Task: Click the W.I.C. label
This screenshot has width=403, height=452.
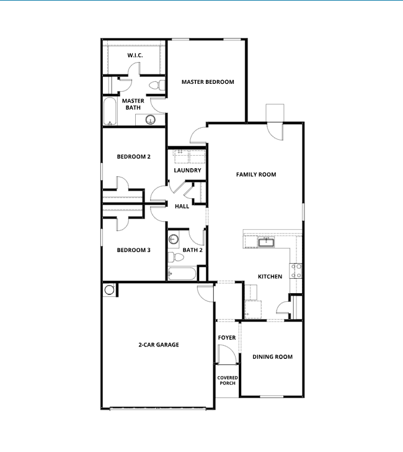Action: (x=135, y=56)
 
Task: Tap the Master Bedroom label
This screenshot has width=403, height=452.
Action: (x=208, y=82)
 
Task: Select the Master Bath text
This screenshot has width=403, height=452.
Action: (x=133, y=104)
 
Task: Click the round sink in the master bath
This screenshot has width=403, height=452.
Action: (x=150, y=120)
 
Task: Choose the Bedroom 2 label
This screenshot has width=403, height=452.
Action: (x=134, y=157)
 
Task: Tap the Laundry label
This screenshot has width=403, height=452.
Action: (x=187, y=170)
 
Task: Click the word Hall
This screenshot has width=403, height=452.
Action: (x=182, y=207)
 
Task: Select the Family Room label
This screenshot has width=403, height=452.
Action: (x=256, y=174)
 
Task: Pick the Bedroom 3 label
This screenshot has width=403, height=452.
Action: (x=134, y=250)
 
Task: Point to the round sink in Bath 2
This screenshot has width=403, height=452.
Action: (x=174, y=239)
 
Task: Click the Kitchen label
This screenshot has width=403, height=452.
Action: (x=270, y=276)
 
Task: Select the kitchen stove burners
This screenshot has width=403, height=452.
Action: (x=298, y=269)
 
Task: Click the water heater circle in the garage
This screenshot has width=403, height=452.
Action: (x=110, y=289)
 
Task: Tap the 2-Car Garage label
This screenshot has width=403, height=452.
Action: (x=159, y=345)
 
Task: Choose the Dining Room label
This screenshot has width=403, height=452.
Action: (x=273, y=357)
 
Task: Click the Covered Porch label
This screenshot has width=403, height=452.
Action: (x=228, y=381)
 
